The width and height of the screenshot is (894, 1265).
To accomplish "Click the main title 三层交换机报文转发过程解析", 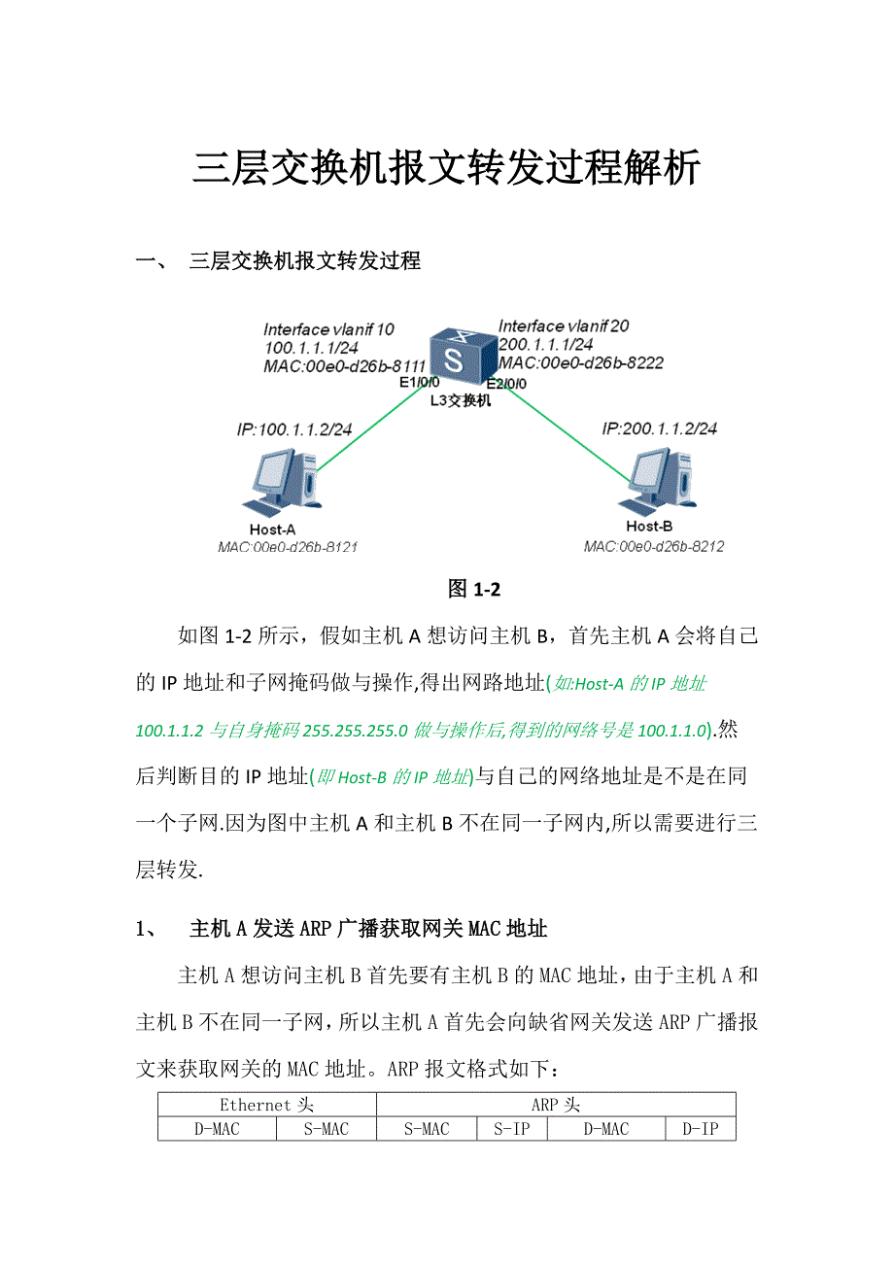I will [446, 168].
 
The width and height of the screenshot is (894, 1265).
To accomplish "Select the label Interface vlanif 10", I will [328, 329].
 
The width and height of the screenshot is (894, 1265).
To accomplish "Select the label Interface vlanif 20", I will [563, 326].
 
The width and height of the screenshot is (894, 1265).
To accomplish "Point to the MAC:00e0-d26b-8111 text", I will [344, 366].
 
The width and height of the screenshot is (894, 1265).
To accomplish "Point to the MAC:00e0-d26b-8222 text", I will [580, 362].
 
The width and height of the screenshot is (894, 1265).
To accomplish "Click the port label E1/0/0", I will [420, 382].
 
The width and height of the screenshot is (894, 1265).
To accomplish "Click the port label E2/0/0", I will [506, 383].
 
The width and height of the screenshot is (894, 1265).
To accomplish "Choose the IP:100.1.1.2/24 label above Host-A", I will [294, 429].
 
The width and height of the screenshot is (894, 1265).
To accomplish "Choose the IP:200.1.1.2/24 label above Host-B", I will [660, 428].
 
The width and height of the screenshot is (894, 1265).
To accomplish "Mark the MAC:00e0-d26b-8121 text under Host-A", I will [288, 547].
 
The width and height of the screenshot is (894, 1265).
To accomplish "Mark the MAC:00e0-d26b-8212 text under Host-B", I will [653, 547].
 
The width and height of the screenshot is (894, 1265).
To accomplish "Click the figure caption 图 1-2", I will [473, 589].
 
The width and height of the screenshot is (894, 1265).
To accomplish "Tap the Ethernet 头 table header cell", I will [266, 1105].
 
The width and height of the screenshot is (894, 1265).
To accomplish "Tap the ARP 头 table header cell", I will [556, 1105].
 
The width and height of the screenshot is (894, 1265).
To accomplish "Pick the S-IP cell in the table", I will [511, 1129].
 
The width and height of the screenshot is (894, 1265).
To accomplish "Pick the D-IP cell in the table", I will [700, 1129].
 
